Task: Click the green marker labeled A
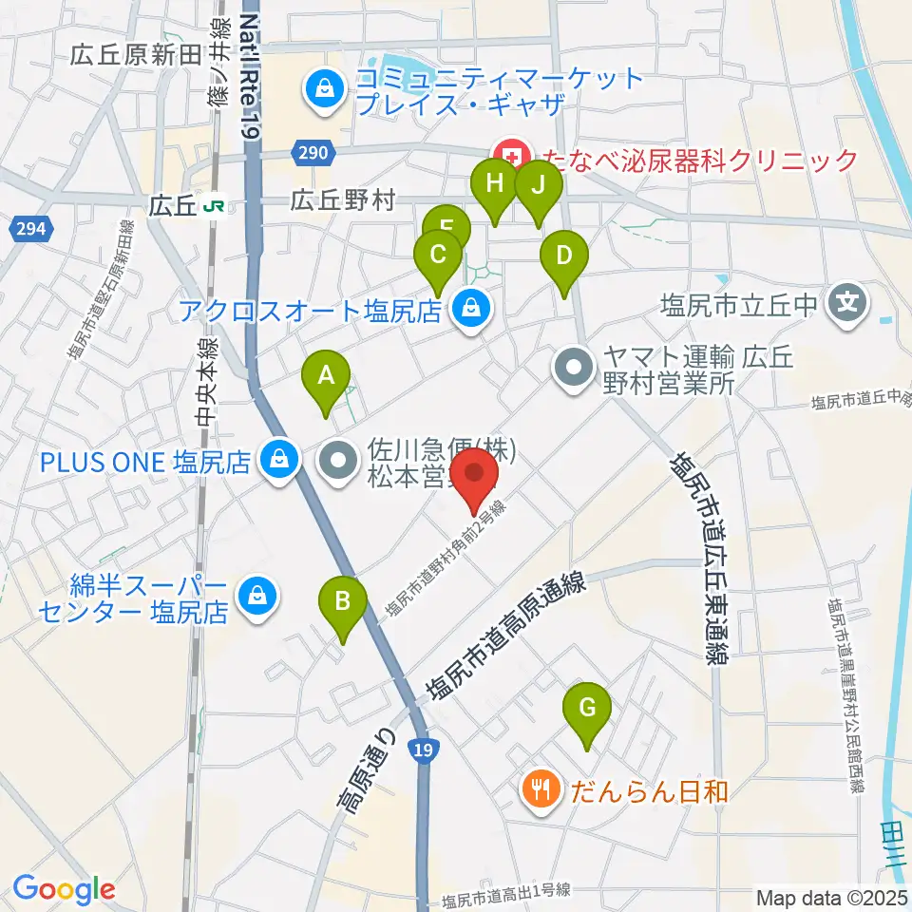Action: pyautogui.click(x=326, y=376)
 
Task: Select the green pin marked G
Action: pyautogui.click(x=587, y=709)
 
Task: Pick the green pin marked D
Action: pyautogui.click(x=563, y=257)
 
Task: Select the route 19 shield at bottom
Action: pyautogui.click(x=424, y=750)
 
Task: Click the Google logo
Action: pyautogui.click(x=64, y=889)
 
